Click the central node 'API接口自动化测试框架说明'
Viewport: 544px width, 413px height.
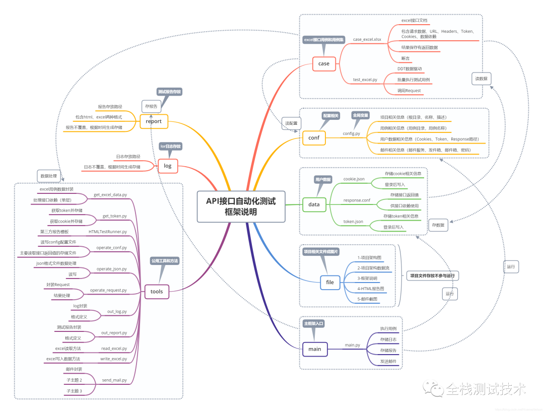(241, 206)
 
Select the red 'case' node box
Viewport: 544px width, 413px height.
(324, 63)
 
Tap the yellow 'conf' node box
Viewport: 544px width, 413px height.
(313, 137)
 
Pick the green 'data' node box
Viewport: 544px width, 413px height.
(314, 204)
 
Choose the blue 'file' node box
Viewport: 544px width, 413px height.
(330, 282)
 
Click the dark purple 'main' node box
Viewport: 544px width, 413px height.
(314, 349)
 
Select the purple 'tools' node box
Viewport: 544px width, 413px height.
(156, 291)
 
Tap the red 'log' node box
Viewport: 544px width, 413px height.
(168, 166)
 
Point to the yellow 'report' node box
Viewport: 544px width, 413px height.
(153, 121)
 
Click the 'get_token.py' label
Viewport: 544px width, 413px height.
(114, 216)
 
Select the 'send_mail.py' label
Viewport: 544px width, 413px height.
(114, 380)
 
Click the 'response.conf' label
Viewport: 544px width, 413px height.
(357, 200)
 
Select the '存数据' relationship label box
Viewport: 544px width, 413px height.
(438, 225)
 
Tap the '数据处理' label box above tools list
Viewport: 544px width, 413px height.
(49, 176)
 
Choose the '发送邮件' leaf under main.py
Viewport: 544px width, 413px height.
(388, 361)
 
